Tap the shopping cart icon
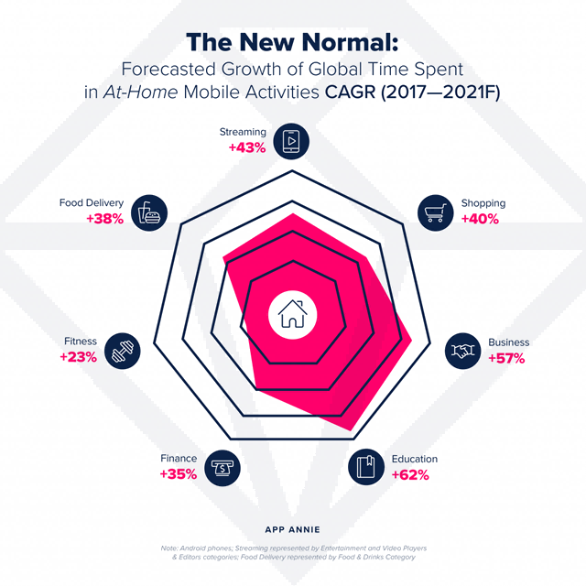coord(436,212)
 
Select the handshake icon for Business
coord(463,351)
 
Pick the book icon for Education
coord(365,466)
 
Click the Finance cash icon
coord(222,466)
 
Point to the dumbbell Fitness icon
coord(122,351)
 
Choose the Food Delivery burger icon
coord(149,212)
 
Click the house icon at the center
coord(292,315)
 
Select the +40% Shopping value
coord(480,219)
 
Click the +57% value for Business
coord(506,358)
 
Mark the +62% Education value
coord(410,474)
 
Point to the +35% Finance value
coord(178,474)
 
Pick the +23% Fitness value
coord(78,358)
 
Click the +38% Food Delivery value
coord(105,219)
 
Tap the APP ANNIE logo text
coord(292,528)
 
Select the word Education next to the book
coord(414,459)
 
